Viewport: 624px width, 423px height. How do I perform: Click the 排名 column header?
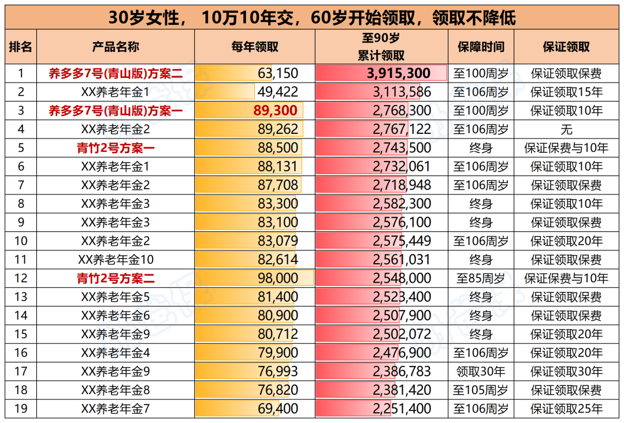point(20,47)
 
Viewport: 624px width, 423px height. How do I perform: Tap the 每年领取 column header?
point(255,47)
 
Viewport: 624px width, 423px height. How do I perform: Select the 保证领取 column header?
point(566,47)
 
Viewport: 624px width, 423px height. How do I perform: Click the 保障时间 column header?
point(481,47)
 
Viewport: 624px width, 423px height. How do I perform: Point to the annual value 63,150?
point(277,73)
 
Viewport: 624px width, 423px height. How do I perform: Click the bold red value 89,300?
point(275,111)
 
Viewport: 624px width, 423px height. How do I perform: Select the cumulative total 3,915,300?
point(399,73)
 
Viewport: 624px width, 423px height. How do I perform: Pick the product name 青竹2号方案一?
point(116,148)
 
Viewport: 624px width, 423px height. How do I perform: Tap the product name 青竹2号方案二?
point(116,279)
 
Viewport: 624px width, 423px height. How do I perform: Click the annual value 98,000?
point(278,279)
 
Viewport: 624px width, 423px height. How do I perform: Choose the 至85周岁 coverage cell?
point(481,279)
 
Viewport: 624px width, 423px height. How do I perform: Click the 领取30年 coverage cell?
point(481,372)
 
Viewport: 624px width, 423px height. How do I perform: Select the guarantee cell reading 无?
point(566,129)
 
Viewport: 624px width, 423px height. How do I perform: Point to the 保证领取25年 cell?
point(566,409)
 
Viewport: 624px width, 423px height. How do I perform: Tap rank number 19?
point(20,409)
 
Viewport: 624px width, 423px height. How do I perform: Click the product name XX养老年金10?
point(116,260)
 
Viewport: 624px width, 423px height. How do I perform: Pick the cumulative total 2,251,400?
point(402,409)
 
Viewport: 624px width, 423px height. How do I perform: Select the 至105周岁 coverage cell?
point(481,391)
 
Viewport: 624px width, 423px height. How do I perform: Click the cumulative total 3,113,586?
point(402,92)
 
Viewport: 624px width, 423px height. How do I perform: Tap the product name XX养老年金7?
point(116,409)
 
